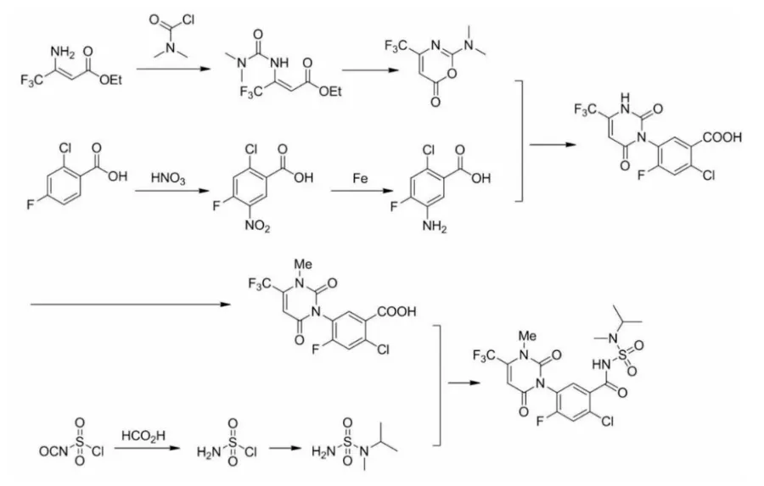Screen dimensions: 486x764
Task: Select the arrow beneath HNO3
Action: pyautogui.click(x=167, y=192)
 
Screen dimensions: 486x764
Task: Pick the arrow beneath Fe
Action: pyautogui.click(x=360, y=192)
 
